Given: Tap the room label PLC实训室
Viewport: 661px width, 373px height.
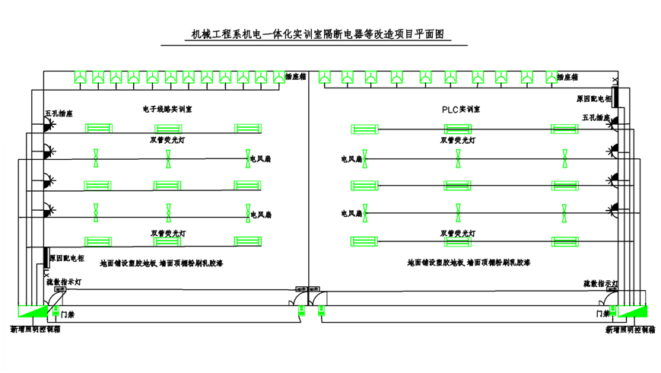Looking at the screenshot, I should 461,110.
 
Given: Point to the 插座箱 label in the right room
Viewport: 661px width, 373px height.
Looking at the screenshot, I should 567,77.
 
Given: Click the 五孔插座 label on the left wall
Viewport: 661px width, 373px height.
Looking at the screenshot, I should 59,114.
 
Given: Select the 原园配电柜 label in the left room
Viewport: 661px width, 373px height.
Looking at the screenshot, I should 67,259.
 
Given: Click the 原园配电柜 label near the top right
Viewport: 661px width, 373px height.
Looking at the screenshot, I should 593,99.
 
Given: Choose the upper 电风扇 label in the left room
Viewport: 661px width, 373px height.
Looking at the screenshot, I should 262,159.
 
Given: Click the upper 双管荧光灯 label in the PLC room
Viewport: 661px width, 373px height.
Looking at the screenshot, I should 458,140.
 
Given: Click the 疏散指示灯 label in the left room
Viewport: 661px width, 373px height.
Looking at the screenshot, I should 64,281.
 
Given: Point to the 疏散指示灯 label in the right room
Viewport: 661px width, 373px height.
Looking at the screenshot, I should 600,283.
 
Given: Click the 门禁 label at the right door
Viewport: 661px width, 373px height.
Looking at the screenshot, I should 603,313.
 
